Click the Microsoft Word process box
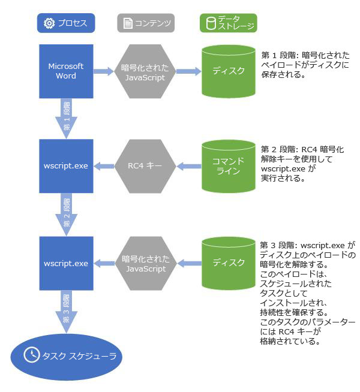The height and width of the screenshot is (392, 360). pos(65,71)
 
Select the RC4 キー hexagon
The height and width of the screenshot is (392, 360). pos(144,165)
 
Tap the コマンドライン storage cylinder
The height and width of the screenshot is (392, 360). pos(229,165)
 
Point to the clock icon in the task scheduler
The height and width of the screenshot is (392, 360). pos(31,355)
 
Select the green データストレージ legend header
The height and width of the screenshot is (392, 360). pos(229,23)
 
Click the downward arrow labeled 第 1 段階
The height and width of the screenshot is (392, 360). pos(65,117)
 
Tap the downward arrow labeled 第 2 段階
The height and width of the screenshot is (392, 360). pos(65,213)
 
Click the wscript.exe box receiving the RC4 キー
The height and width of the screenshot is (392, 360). pos(65,165)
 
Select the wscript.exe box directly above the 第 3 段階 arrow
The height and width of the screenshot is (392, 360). pos(65,263)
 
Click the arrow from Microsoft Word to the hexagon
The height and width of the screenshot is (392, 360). pos(104,71)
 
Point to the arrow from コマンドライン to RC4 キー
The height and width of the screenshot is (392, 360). pos(187,165)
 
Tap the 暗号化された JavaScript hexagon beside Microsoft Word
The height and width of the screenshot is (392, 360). pos(144,71)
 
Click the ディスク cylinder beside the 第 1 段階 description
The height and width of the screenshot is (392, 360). pos(229,71)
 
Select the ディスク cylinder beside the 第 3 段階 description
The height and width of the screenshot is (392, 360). pos(229,263)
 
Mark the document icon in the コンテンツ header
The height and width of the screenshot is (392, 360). pos(127,23)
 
